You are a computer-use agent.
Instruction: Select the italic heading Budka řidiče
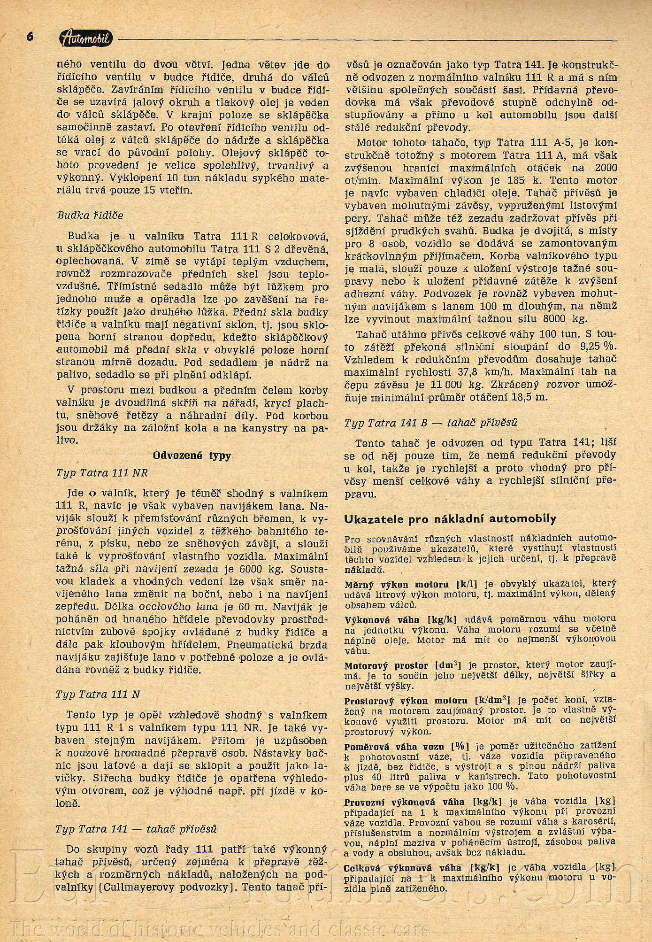click(90, 216)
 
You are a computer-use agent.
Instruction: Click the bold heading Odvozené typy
click(192, 456)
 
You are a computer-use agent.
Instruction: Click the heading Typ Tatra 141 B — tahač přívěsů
click(430, 423)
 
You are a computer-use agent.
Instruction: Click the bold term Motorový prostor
click(386, 666)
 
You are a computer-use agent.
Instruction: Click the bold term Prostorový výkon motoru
click(406, 701)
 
